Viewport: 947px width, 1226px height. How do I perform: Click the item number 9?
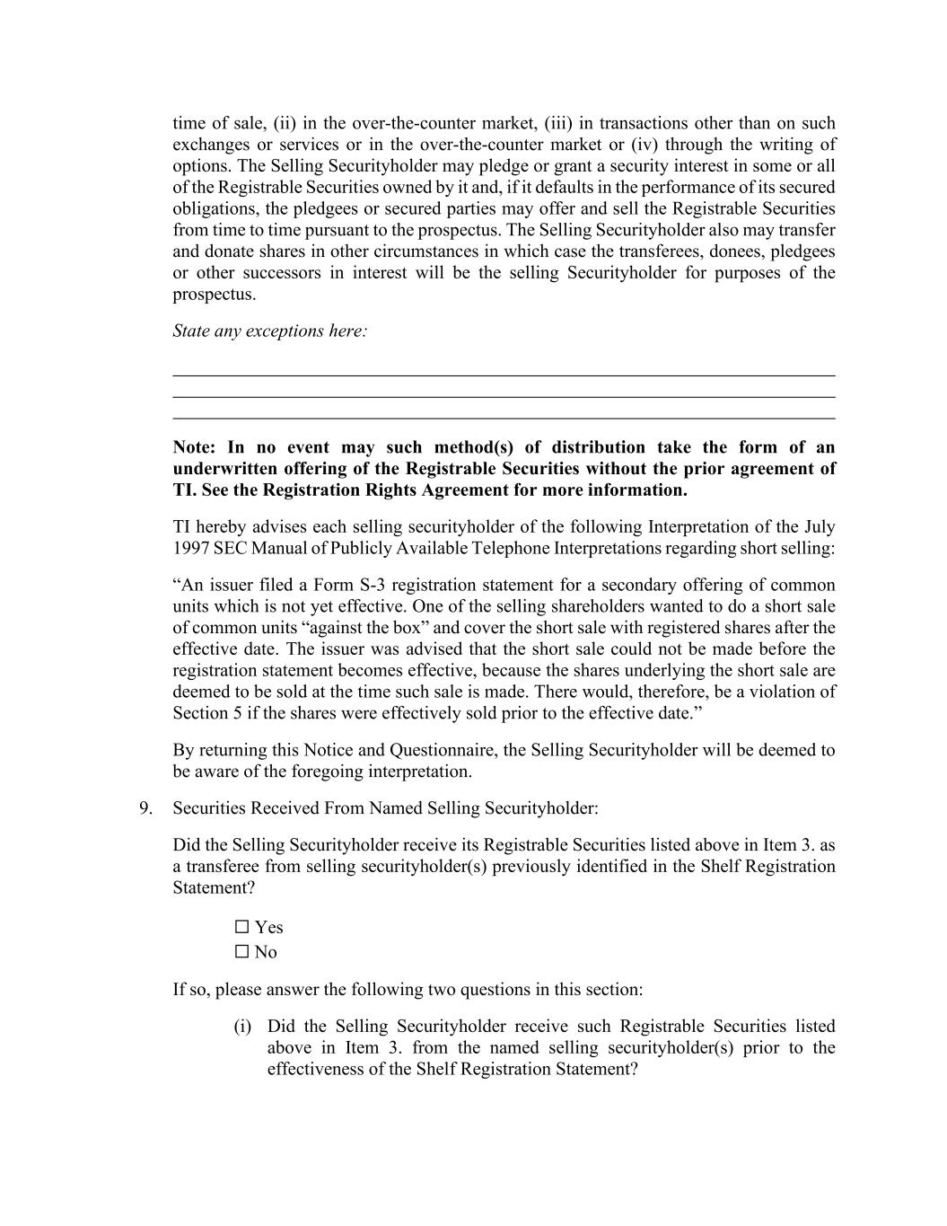[145, 808]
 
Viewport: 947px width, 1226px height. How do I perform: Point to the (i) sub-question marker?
[242, 1027]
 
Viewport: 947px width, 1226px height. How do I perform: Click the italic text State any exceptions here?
[269, 331]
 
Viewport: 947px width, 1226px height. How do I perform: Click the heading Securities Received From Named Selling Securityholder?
[385, 808]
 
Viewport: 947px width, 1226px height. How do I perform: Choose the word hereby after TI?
[219, 527]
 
